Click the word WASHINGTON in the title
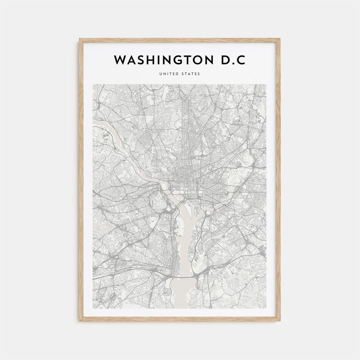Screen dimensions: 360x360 169,60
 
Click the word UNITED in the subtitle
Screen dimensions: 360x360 168,74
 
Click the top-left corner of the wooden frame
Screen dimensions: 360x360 80,40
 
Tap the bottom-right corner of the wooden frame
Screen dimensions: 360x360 279,320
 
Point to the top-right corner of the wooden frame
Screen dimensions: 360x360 279,40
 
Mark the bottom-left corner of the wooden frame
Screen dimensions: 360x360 80,320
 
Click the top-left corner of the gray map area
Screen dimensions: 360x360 93,84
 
